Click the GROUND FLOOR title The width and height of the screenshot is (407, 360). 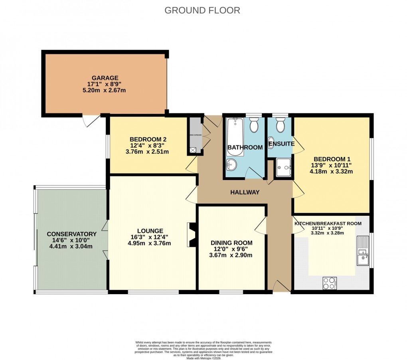point(202,10)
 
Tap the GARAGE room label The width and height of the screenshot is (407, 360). point(105,78)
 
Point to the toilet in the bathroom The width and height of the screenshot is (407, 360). point(253,125)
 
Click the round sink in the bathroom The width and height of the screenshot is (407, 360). point(231,164)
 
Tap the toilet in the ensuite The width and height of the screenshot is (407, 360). point(280,125)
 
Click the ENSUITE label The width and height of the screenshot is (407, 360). point(281,144)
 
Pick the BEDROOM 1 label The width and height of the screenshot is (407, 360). point(333,158)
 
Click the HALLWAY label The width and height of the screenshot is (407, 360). point(245,192)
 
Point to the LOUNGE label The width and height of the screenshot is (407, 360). point(150,231)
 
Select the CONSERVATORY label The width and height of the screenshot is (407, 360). point(72,234)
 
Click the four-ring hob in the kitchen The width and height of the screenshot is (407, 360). point(329,283)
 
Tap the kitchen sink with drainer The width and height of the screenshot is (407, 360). point(363,251)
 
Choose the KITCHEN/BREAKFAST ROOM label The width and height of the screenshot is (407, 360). point(328,224)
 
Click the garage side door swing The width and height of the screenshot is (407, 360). point(91,120)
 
